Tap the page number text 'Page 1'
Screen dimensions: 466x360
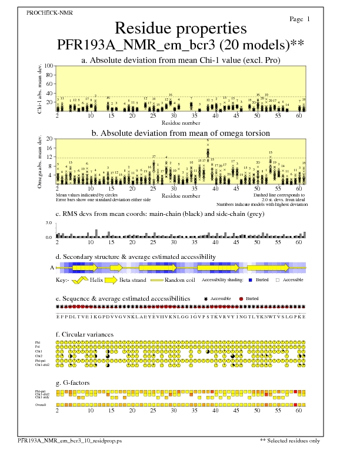(300, 19)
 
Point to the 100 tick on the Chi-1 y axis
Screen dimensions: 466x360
(49, 66)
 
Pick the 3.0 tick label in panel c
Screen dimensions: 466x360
(49, 224)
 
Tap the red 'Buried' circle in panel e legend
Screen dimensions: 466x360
(241, 299)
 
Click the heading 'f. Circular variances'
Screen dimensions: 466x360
(81, 335)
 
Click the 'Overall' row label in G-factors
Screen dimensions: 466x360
(41, 405)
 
